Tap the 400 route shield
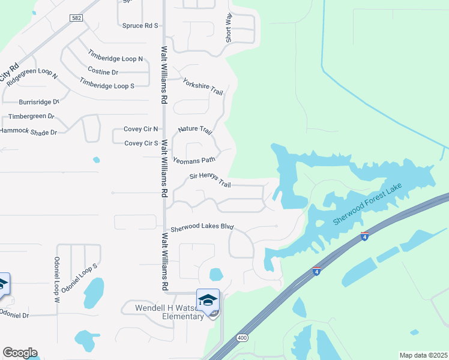point(243,338)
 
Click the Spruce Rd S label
point(140,26)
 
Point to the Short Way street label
point(229,28)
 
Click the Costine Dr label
point(103,71)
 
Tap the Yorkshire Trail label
point(203,86)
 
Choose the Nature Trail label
point(195,130)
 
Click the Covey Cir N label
point(140,129)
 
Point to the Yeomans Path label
point(194,160)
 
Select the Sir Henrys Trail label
point(210,179)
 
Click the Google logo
point(20,353)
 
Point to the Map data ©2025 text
point(423,355)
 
